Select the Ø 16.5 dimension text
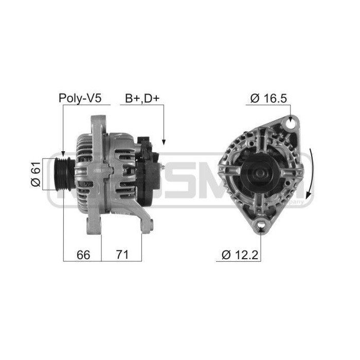pyautogui.click(x=267, y=98)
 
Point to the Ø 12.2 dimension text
pyautogui.click(x=240, y=255)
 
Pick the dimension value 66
pyautogui.click(x=82, y=255)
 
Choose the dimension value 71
pyautogui.click(x=121, y=255)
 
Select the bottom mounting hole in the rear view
pyautogui.click(x=261, y=225)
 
